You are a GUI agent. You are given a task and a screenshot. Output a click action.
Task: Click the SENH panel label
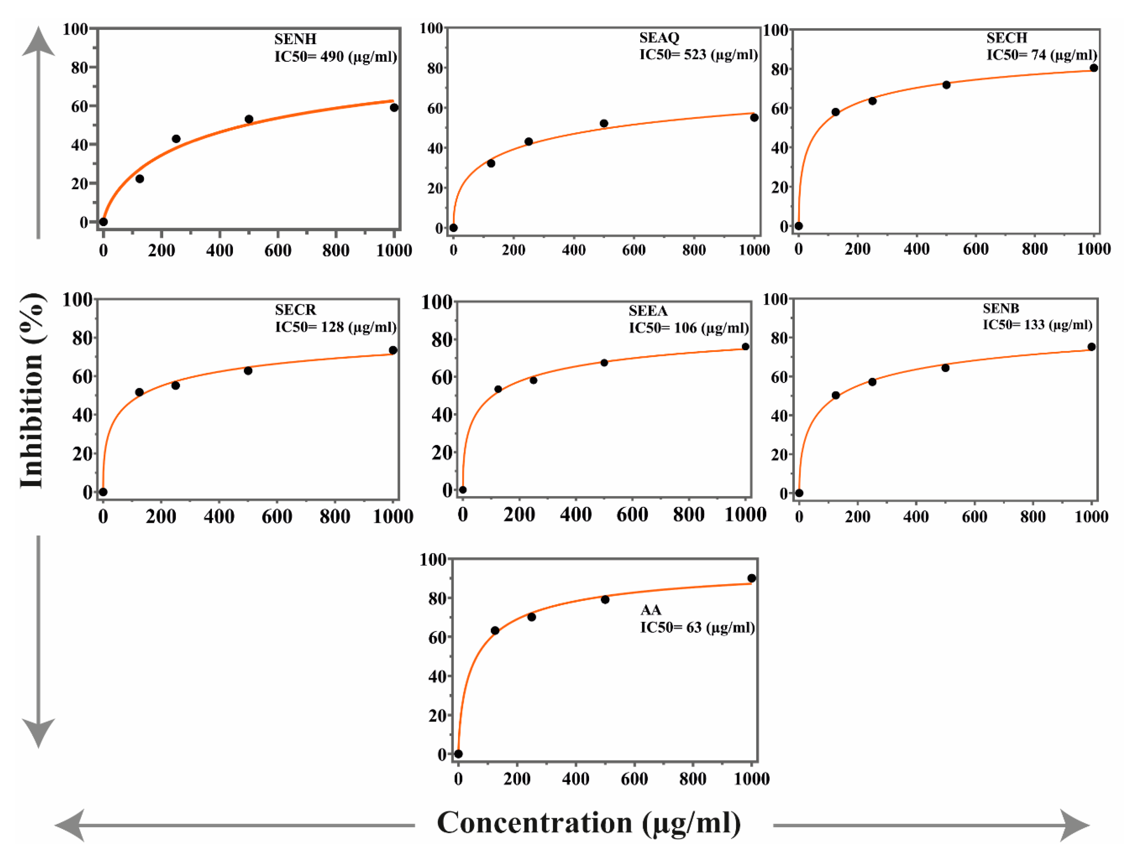click(x=295, y=39)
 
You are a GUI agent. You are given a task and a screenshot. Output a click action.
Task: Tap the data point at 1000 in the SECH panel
click(x=1094, y=68)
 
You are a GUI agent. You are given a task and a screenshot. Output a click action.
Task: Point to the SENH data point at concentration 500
click(x=249, y=119)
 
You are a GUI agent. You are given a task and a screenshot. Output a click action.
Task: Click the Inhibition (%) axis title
click(x=31, y=390)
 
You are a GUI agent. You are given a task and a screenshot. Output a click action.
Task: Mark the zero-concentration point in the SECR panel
click(x=103, y=492)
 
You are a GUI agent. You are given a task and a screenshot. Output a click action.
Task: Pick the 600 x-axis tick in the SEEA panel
click(x=632, y=514)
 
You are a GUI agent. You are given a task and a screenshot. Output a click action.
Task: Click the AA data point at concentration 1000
click(x=751, y=578)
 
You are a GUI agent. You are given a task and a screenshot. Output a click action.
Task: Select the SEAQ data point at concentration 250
click(x=528, y=142)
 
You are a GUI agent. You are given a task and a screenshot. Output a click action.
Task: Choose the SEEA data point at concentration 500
click(x=604, y=362)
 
